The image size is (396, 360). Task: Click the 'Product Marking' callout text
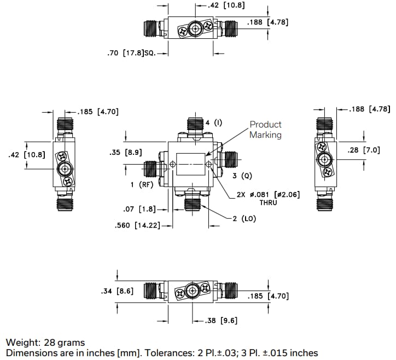pyautogui.click(x=265, y=130)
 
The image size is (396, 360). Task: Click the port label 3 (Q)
pyautogui.click(x=242, y=176)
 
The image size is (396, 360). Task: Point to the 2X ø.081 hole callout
pyautogui.click(x=267, y=194)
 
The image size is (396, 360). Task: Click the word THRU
pyautogui.click(x=268, y=202)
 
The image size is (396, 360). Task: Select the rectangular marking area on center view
pyautogui.click(x=191, y=164)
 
